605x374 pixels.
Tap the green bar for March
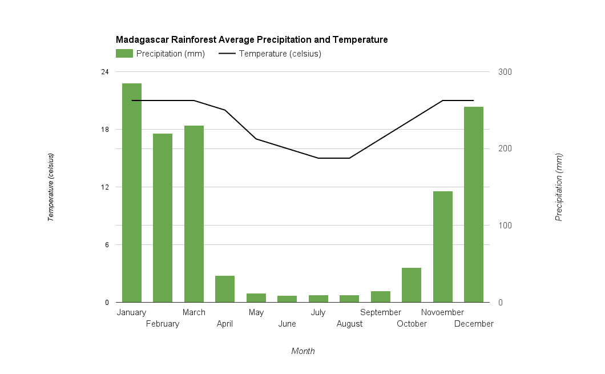point(194,214)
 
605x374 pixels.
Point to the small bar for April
point(225,289)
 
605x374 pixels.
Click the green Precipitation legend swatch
point(124,54)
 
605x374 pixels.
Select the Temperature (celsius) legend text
point(280,54)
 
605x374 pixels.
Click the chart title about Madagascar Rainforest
point(252,40)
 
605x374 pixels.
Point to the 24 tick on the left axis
point(105,72)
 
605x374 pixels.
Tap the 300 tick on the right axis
point(505,72)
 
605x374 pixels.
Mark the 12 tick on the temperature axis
point(105,187)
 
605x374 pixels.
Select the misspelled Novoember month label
point(442,312)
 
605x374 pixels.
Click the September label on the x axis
point(381,312)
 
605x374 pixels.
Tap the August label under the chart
point(349,324)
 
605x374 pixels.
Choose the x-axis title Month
point(302,351)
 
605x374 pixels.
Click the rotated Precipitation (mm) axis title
point(559,187)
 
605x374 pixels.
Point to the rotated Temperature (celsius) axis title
point(51,187)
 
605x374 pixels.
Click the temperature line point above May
point(256,139)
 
